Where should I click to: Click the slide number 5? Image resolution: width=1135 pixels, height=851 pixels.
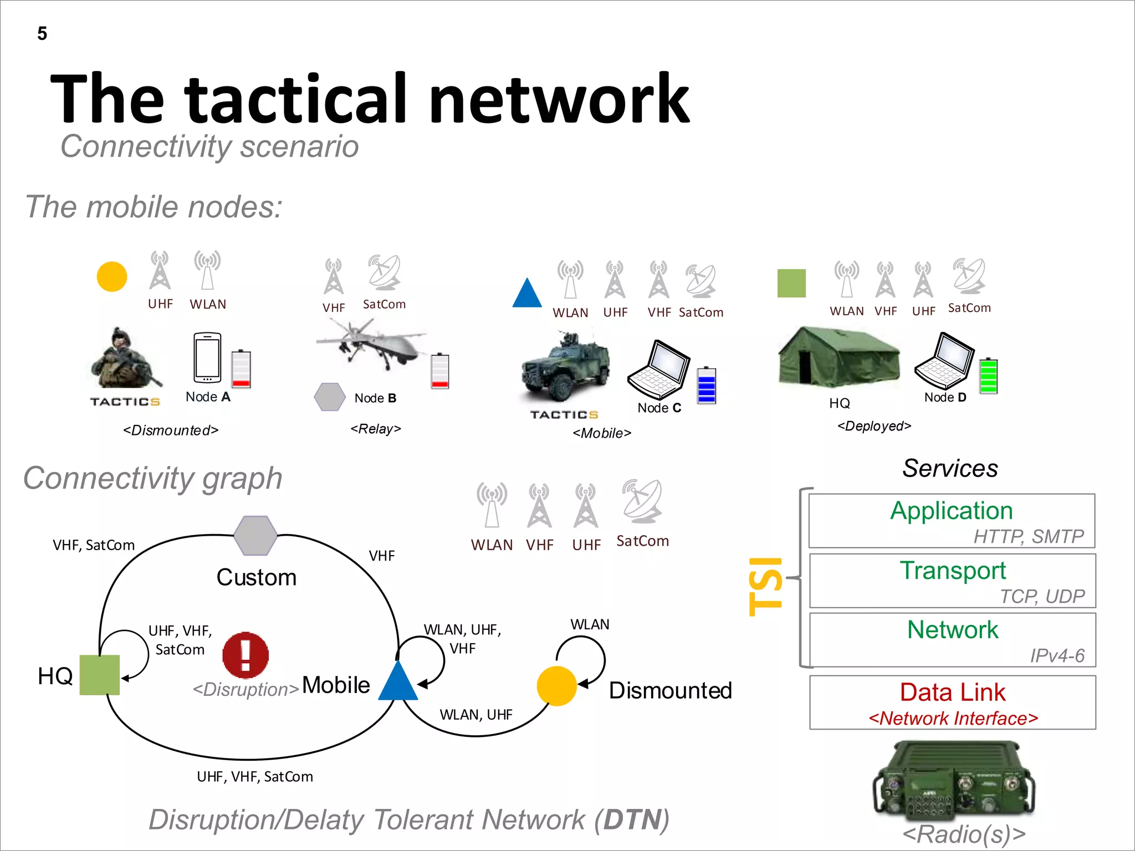click(x=42, y=34)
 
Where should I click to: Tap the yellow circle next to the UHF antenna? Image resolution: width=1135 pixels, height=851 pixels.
click(x=112, y=276)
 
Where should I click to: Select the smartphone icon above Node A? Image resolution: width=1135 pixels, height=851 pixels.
click(x=207, y=357)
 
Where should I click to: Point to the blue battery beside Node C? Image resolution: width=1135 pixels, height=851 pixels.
click(x=707, y=385)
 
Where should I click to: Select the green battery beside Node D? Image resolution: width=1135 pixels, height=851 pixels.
click(x=988, y=376)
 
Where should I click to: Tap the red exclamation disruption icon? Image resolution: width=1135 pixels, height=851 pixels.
click(x=246, y=655)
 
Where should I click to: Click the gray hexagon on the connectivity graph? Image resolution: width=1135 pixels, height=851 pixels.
click(x=255, y=535)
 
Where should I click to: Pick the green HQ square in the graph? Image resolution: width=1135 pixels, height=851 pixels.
click(x=100, y=675)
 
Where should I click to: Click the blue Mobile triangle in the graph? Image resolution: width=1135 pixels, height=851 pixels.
click(x=398, y=683)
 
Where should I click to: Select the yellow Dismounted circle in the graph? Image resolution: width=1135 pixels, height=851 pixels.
click(x=556, y=686)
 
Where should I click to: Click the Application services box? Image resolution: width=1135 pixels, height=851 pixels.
click(x=952, y=520)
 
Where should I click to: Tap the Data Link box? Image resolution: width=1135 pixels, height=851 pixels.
click(x=952, y=702)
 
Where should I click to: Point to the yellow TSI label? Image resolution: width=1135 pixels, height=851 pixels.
click(x=765, y=586)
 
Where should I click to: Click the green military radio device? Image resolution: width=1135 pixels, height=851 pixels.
click(x=953, y=781)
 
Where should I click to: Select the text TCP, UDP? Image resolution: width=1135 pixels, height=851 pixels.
click(x=1042, y=596)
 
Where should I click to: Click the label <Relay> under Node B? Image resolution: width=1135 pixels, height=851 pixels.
click(x=376, y=429)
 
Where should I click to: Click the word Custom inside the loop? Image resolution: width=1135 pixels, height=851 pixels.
click(x=256, y=577)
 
